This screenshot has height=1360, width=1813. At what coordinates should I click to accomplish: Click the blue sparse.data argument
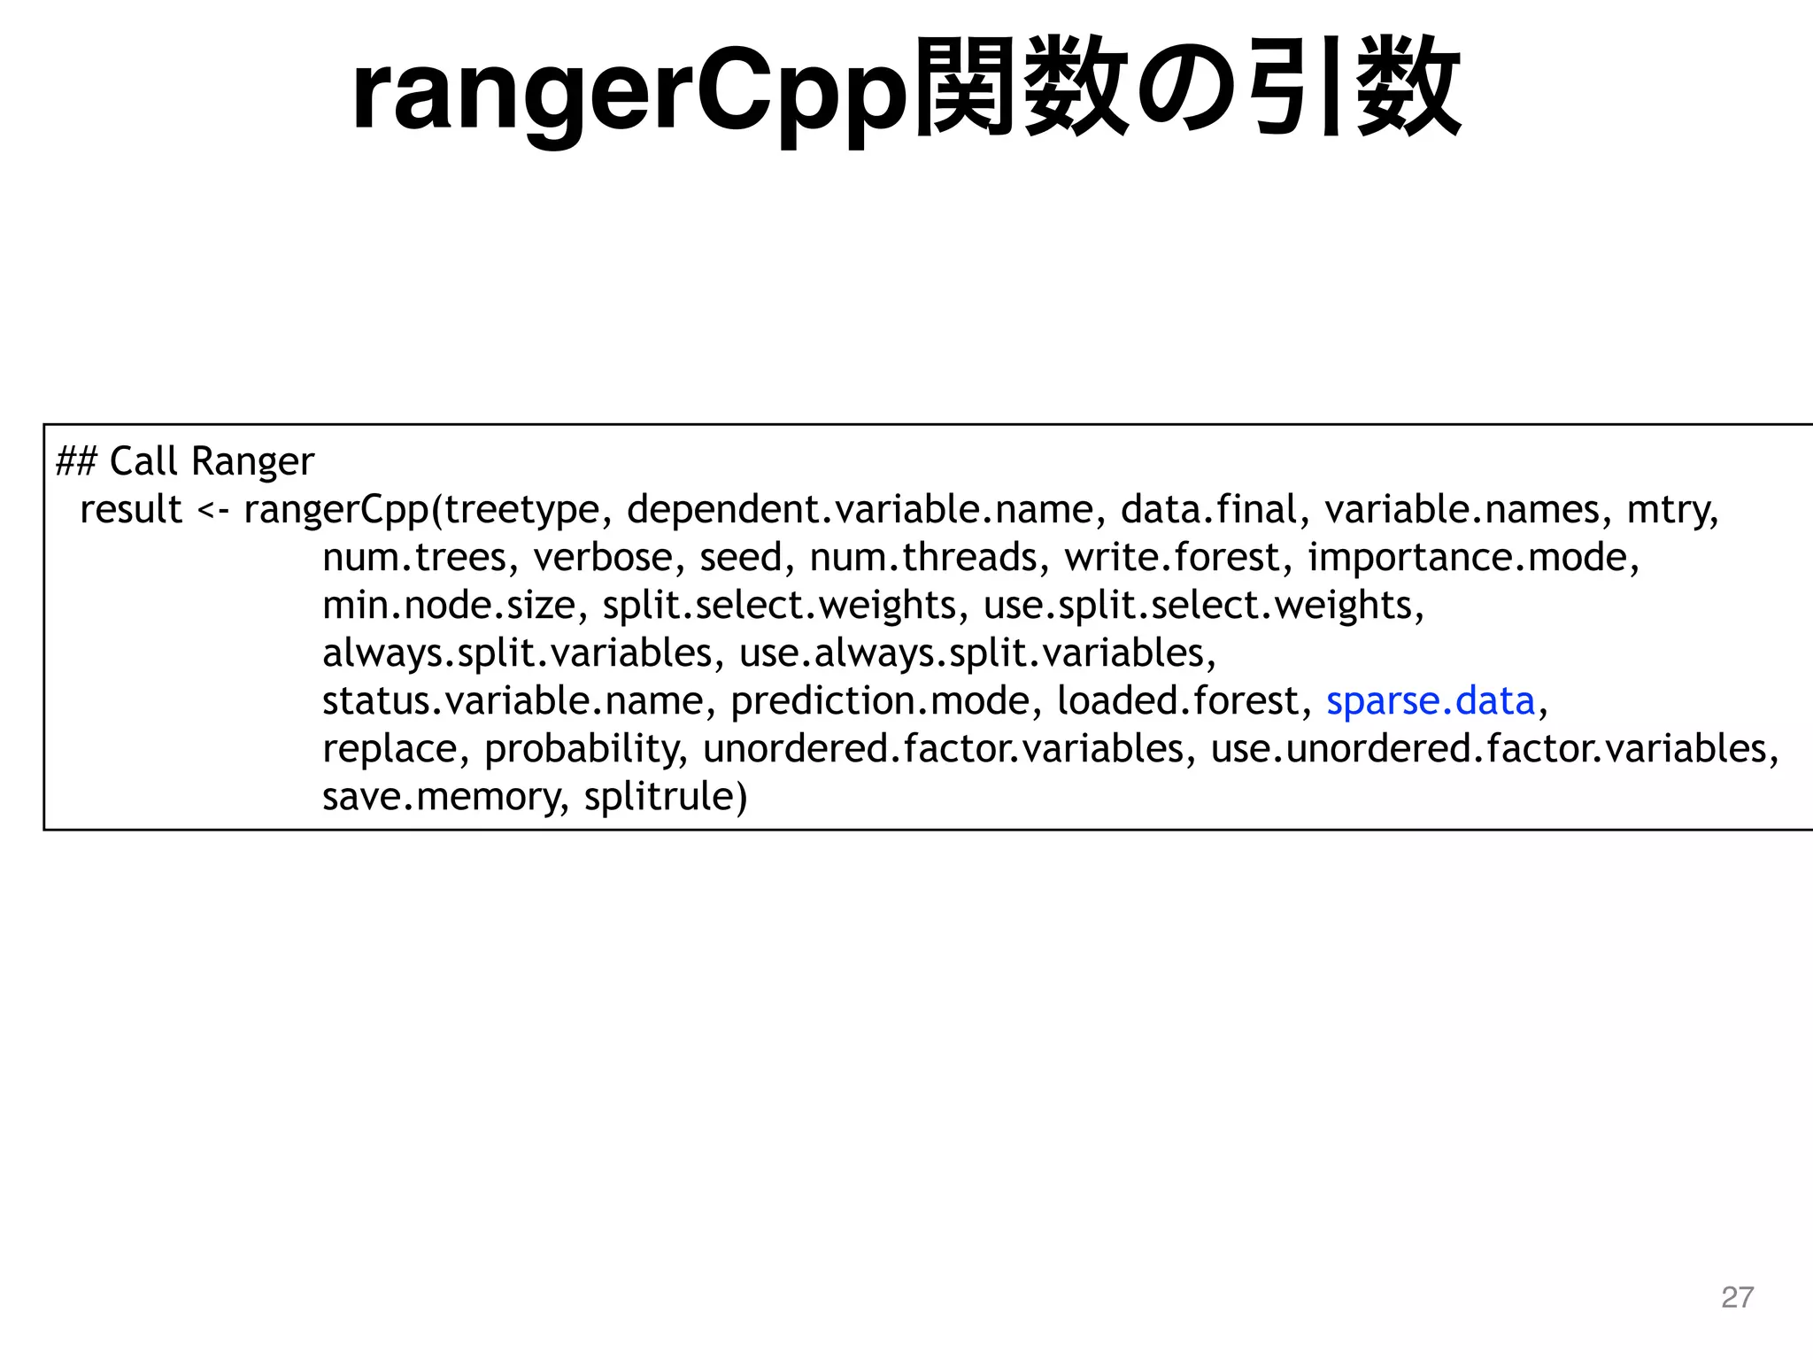click(x=1430, y=701)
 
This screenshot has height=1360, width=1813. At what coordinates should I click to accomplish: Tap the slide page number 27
click(x=1737, y=1297)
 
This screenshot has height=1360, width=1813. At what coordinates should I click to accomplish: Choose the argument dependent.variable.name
click(x=860, y=510)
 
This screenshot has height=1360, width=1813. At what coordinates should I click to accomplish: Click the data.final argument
click(x=1208, y=510)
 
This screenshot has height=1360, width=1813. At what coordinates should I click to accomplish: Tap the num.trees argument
click(x=413, y=558)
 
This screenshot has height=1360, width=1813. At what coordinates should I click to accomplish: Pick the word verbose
click(x=602, y=558)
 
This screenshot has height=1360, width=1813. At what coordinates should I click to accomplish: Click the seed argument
click(x=741, y=558)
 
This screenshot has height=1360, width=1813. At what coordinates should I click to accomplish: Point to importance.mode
click(x=1469, y=558)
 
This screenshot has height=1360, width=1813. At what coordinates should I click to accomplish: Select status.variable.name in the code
click(x=512, y=701)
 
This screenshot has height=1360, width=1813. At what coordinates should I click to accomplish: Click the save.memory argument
click(x=441, y=797)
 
